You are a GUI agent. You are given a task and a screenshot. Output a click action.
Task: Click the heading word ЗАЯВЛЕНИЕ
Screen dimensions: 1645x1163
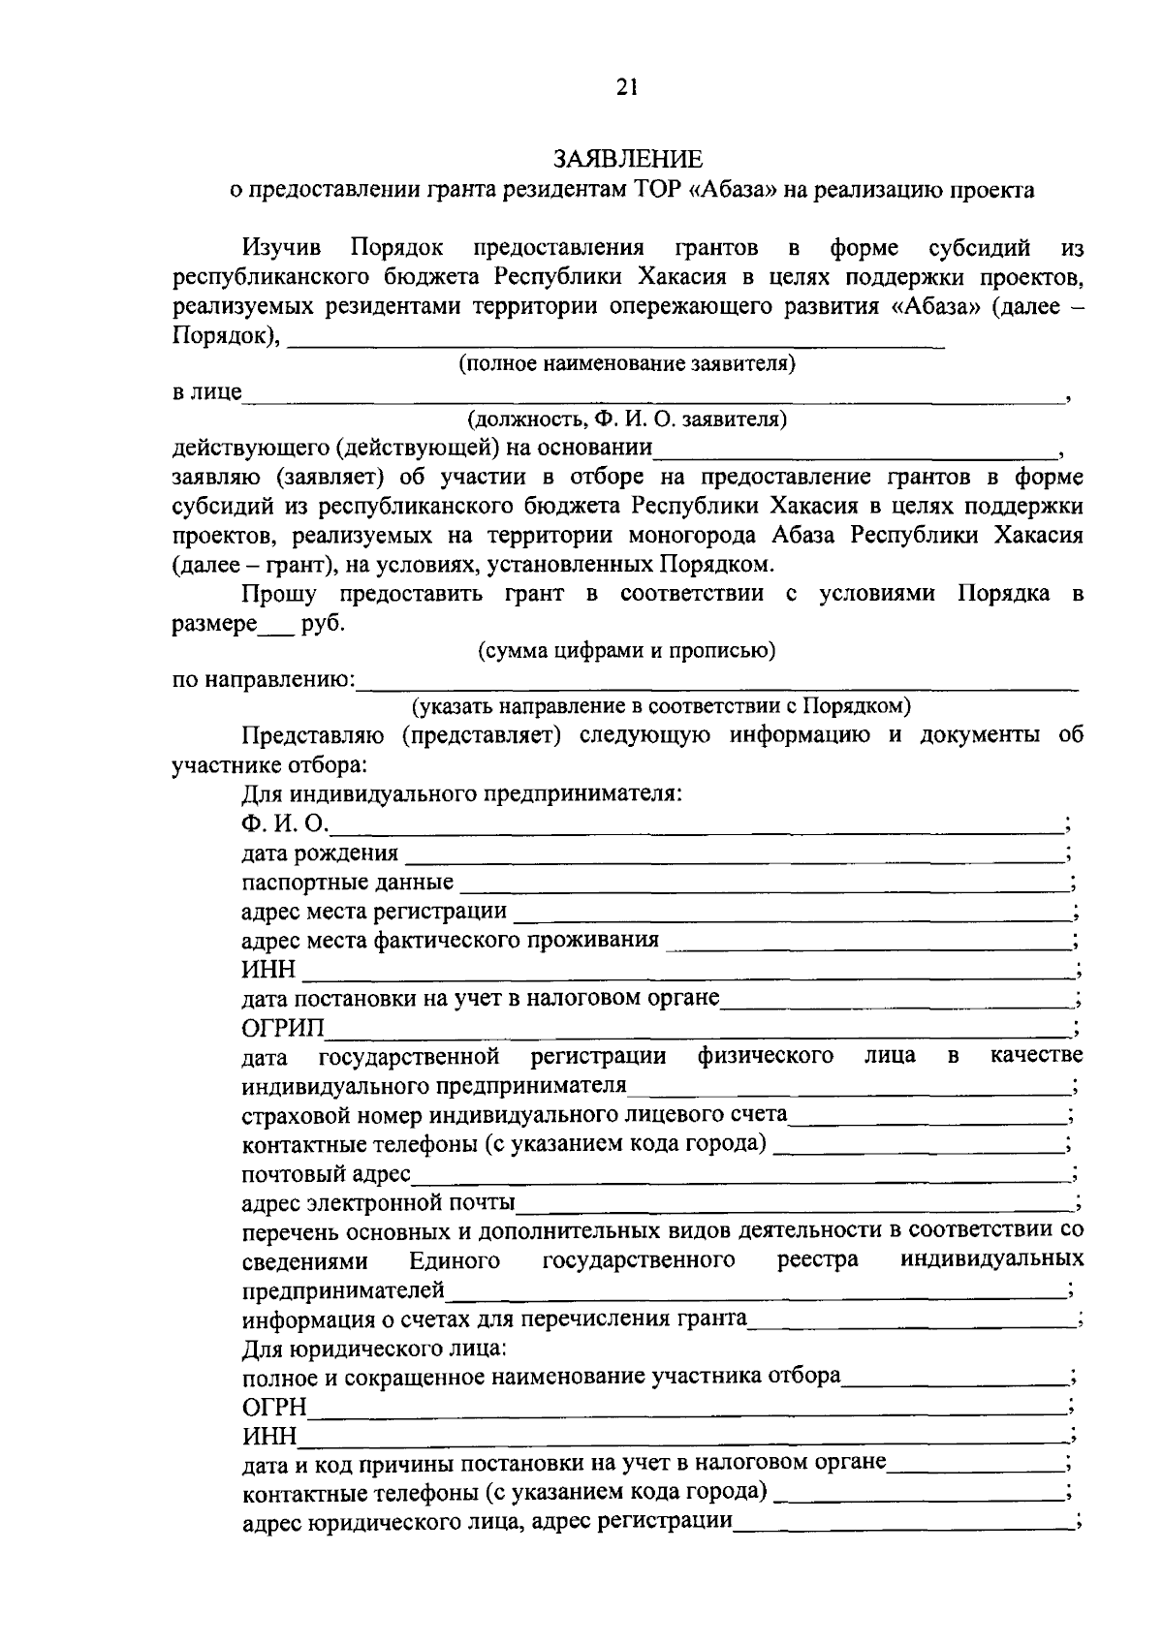pyautogui.click(x=627, y=159)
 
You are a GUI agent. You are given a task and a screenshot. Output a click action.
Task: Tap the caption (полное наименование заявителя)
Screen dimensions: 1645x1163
pyautogui.click(x=627, y=364)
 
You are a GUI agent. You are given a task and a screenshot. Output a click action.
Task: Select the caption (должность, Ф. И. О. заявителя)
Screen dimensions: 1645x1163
pyautogui.click(x=627, y=420)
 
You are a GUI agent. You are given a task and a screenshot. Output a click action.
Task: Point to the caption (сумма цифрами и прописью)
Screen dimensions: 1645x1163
pyautogui.click(x=627, y=651)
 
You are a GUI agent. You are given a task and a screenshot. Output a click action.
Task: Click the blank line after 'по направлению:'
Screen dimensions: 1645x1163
pyautogui.click(x=717, y=687)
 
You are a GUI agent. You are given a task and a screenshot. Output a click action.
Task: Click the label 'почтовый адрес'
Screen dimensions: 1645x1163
pyautogui.click(x=326, y=1174)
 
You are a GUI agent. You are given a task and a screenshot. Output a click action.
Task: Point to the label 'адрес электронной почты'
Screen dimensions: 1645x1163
pyautogui.click(x=378, y=1203)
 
